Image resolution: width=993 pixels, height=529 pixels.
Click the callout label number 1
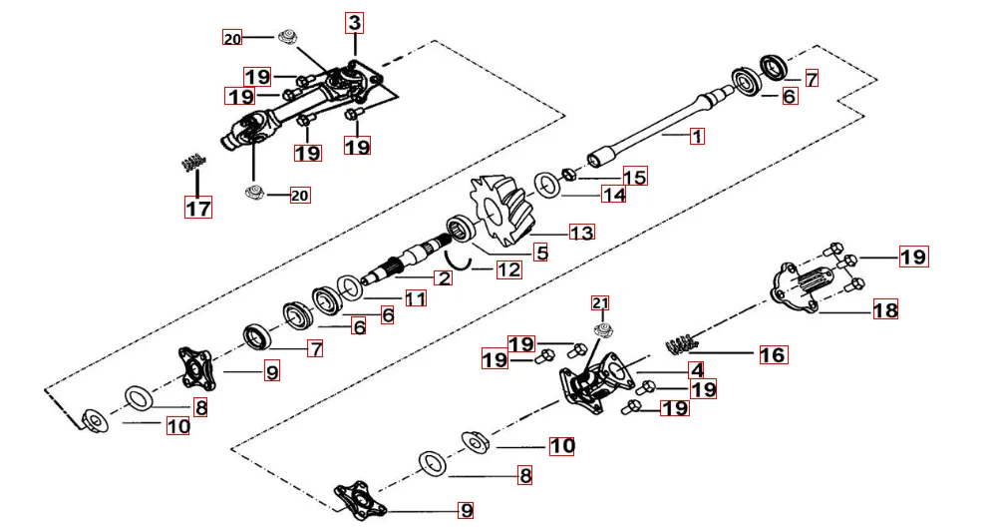[697, 136]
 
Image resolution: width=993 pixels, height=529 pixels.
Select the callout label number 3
[356, 21]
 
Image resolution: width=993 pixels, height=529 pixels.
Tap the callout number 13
[581, 232]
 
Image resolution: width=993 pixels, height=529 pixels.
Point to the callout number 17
[197, 207]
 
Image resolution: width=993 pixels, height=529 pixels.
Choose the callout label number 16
[773, 353]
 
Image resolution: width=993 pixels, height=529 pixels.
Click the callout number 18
[885, 309]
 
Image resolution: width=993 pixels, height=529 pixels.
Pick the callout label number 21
[599, 302]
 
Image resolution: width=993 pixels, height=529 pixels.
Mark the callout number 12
[508, 269]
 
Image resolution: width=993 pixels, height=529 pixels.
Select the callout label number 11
[416, 297]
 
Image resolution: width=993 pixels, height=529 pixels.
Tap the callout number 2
[443, 277]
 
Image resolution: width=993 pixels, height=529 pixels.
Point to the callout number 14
[613, 195]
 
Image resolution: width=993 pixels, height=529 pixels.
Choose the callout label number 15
[634, 177]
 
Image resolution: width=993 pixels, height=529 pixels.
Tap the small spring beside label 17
[193, 160]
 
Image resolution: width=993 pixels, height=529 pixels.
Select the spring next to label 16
[677, 343]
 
